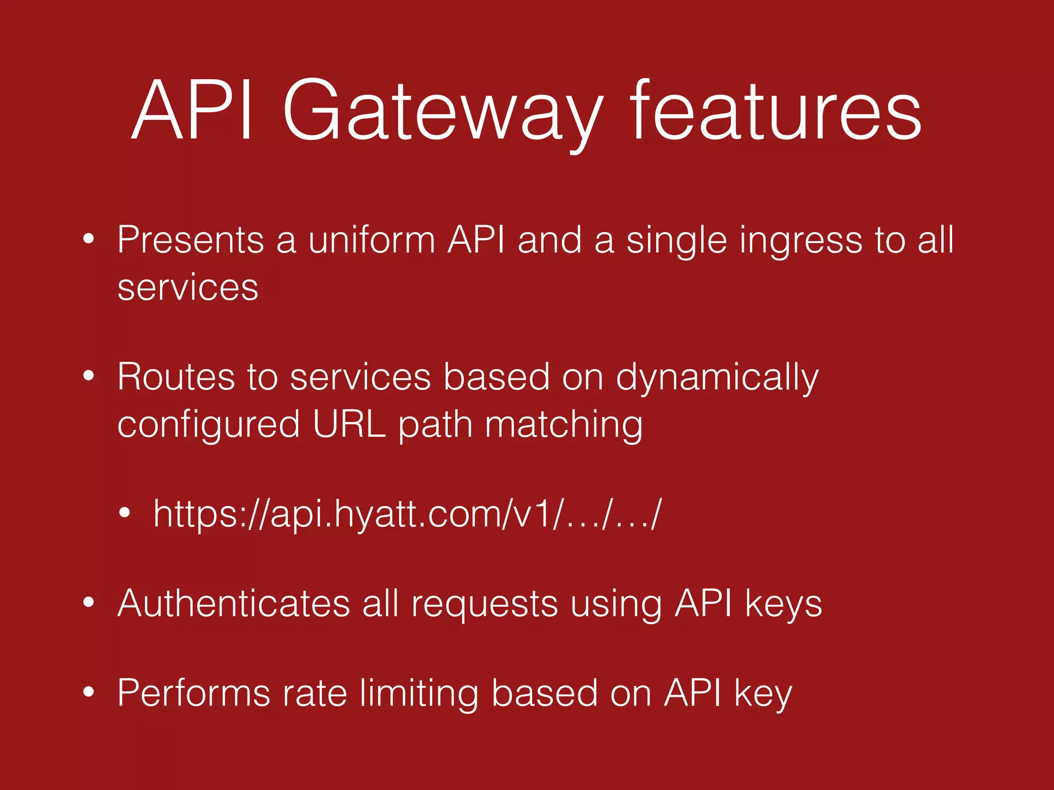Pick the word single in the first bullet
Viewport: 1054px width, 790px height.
(x=676, y=241)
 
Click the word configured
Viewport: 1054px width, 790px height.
(x=208, y=425)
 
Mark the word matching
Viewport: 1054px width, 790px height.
(x=564, y=425)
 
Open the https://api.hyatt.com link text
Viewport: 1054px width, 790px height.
(x=407, y=514)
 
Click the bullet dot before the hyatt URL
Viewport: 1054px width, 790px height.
(x=124, y=513)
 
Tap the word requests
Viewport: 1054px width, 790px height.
(x=484, y=604)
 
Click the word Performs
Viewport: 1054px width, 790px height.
(x=194, y=693)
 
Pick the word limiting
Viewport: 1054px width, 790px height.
(x=419, y=694)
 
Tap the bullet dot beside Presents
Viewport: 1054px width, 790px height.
(x=89, y=239)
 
